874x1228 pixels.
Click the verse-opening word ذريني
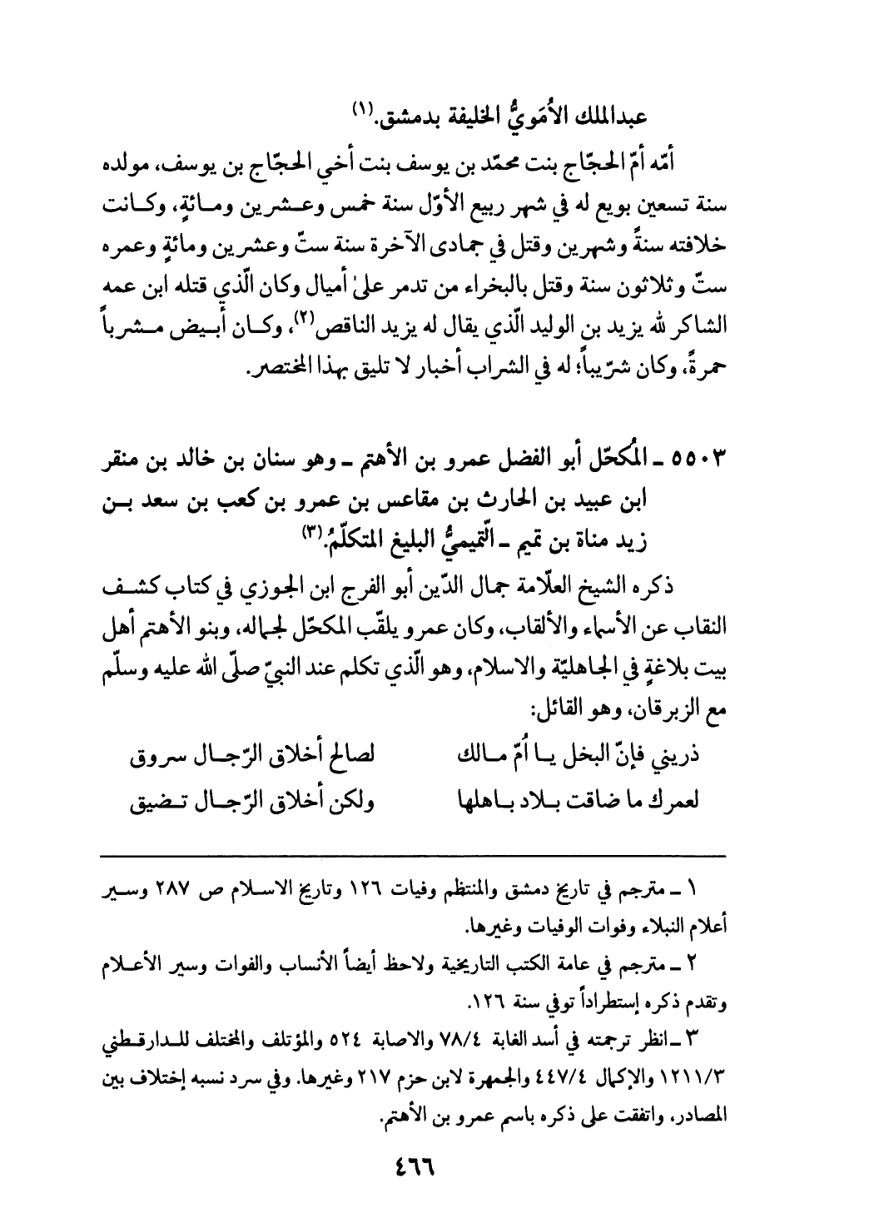(x=679, y=758)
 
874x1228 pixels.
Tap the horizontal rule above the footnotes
(x=413, y=855)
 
